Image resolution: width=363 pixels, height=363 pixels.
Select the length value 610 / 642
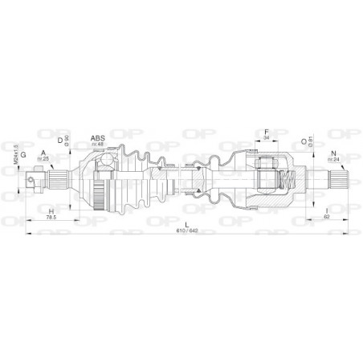point(186,230)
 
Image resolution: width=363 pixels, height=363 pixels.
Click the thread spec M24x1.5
point(15,152)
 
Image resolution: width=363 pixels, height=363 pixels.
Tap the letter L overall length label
point(186,223)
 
